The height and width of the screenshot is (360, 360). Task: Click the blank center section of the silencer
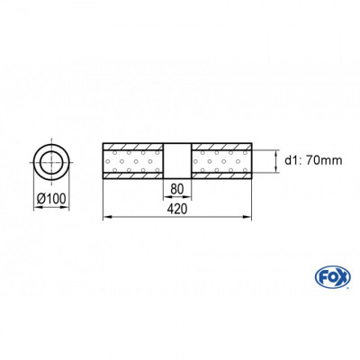pos(176,162)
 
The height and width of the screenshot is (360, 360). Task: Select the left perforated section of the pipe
pos(133,162)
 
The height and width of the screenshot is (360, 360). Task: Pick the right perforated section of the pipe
pos(220,162)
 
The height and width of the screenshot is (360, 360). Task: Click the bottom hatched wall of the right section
pos(220,178)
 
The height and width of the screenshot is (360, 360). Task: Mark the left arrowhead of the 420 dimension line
pos(108,216)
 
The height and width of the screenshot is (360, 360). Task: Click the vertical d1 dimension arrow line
pos(275,162)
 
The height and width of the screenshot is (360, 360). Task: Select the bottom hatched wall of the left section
pos(133,178)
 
